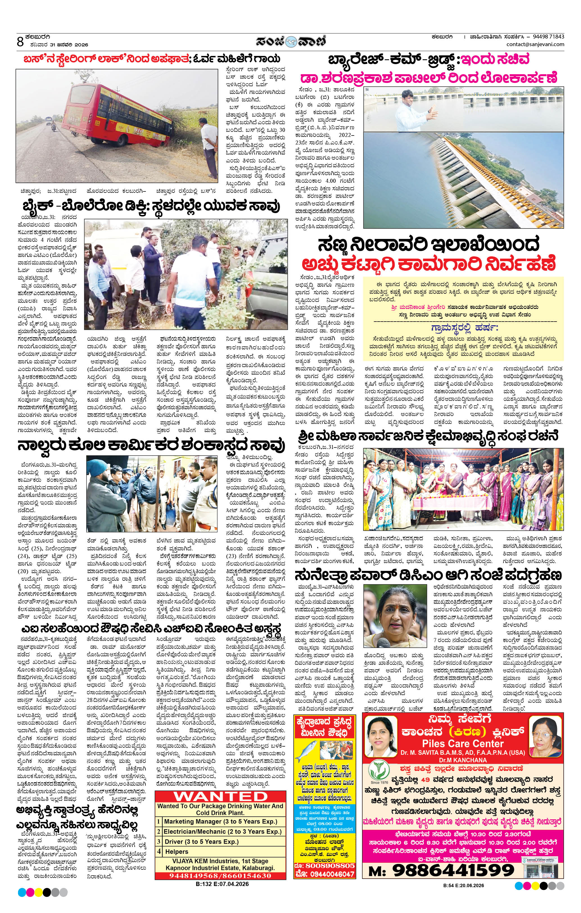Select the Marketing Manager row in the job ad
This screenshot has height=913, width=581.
pos(220,821)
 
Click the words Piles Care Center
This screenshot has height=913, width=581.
pos(463,743)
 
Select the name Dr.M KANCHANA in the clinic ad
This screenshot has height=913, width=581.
pos(463,760)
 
